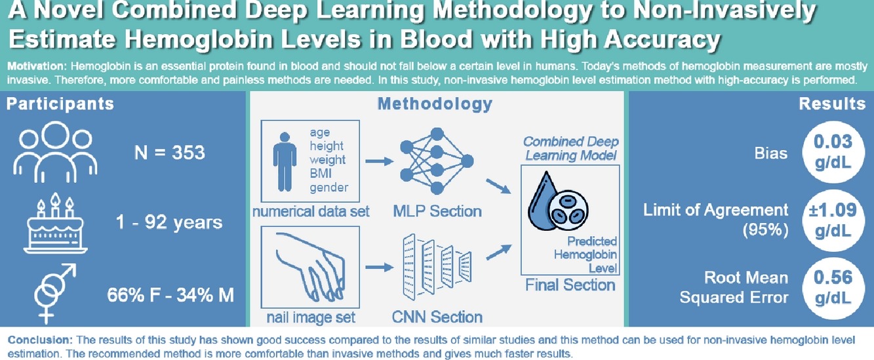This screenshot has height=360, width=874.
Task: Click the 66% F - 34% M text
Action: [x=170, y=295]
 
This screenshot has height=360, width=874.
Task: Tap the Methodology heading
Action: [x=435, y=104]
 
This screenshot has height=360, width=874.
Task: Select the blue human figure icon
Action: [x=285, y=160]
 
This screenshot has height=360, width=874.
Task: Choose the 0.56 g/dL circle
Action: [x=833, y=287]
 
